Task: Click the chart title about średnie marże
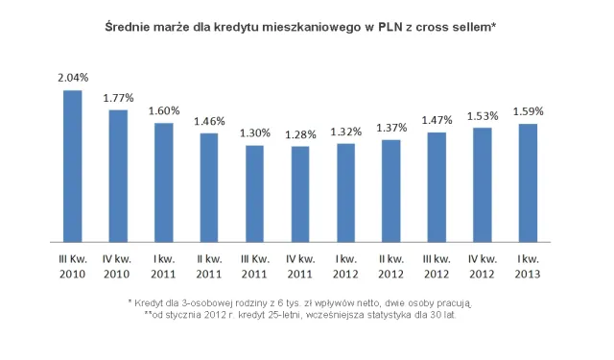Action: (299, 30)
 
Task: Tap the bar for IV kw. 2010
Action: (118, 176)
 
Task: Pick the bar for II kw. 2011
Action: (209, 187)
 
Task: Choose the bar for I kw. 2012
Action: (345, 192)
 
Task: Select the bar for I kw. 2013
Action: (528, 182)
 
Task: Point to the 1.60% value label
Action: (164, 111)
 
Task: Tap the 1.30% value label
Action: (255, 132)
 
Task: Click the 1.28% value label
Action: (300, 134)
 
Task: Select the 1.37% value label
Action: (391, 129)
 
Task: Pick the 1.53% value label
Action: (483, 116)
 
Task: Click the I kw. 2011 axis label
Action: (164, 267)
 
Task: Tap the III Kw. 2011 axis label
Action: (255, 267)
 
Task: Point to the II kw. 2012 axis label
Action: (391, 267)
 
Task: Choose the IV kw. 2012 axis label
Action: (483, 267)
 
